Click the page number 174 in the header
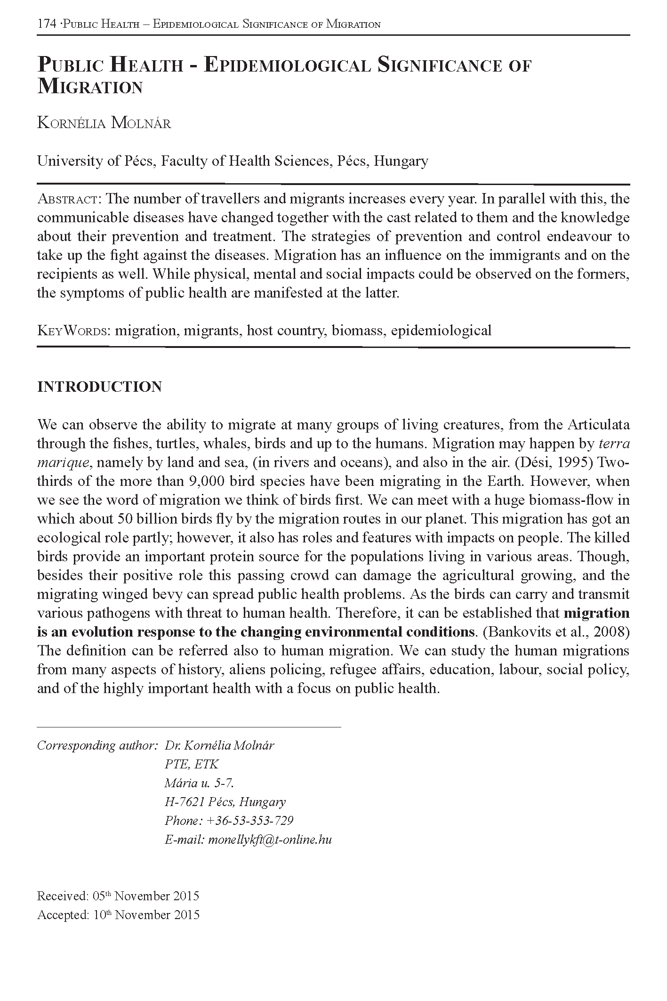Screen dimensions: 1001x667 point(47,24)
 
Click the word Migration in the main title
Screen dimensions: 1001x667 point(90,88)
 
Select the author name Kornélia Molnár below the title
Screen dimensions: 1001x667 point(104,123)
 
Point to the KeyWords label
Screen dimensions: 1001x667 point(73,331)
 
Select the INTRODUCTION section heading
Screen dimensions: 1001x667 point(99,387)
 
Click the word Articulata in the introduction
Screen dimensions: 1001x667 point(598,425)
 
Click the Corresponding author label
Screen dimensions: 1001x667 point(96,745)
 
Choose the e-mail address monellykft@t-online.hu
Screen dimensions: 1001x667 point(270,840)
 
